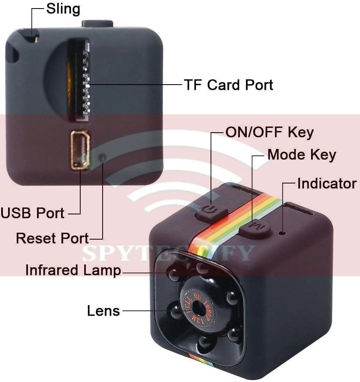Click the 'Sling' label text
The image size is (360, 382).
[x=63, y=9]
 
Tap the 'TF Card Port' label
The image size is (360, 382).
[x=228, y=85]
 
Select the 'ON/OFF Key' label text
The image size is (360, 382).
[x=269, y=132]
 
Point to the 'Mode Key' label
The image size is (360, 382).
[x=302, y=155]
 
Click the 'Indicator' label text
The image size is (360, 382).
[x=327, y=183]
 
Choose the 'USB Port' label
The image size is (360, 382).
[x=33, y=213]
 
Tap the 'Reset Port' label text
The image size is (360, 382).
[x=52, y=238]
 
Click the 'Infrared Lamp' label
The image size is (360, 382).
[x=73, y=270]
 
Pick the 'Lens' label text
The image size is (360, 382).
[x=103, y=311]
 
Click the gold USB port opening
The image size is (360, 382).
[x=80, y=150]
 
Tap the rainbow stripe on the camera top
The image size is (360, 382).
[x=240, y=220]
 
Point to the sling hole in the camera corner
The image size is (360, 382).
[x=36, y=39]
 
